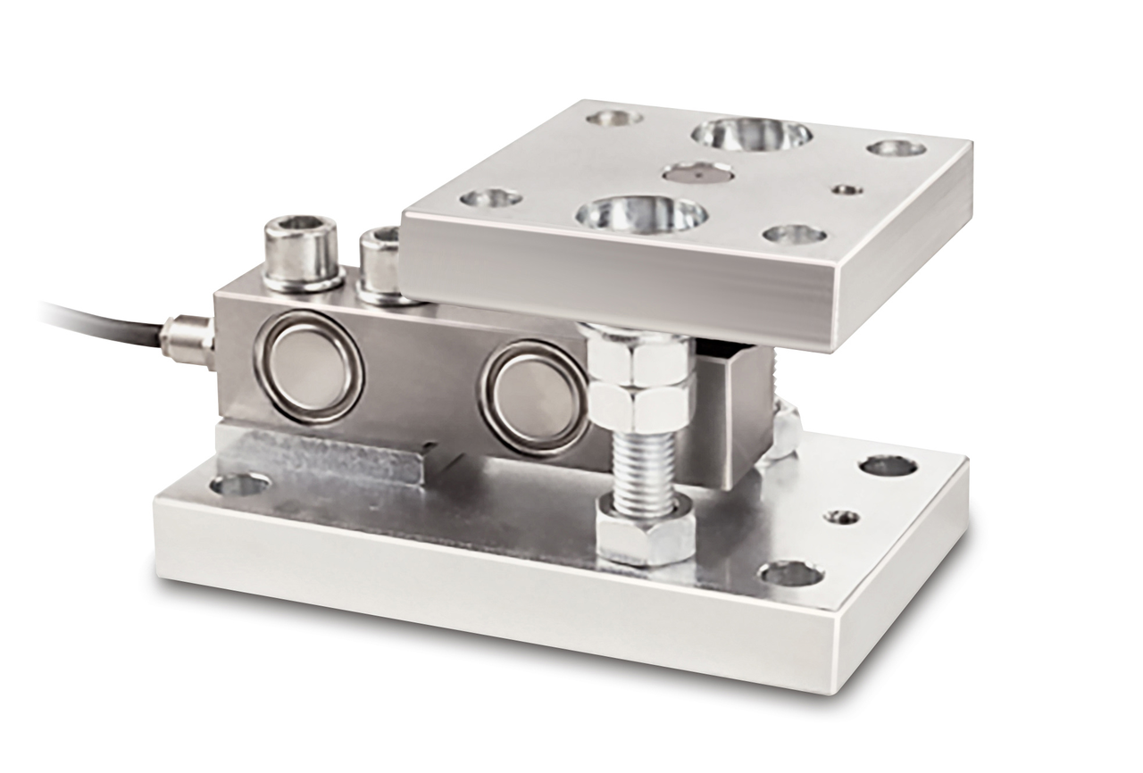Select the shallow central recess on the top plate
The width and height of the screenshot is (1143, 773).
click(x=698, y=171)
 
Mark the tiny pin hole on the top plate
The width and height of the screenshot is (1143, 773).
click(x=844, y=189)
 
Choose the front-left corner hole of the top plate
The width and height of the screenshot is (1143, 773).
click(x=491, y=196)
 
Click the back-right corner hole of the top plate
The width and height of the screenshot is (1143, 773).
click(x=897, y=147)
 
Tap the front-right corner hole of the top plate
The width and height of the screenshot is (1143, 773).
click(x=795, y=234)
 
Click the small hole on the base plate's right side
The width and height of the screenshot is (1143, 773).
click(x=842, y=517)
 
